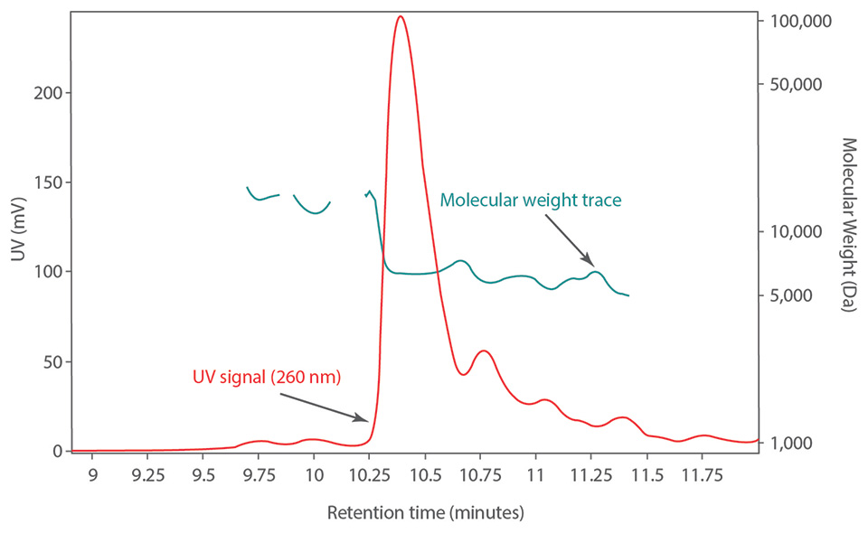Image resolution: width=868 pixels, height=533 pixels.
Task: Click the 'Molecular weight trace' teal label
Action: click(x=531, y=200)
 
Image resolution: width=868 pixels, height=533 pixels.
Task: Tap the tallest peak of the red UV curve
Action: click(x=400, y=17)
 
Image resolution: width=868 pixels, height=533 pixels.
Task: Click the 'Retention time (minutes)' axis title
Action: click(x=425, y=513)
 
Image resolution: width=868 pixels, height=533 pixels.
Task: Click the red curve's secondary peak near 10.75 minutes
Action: click(x=484, y=351)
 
